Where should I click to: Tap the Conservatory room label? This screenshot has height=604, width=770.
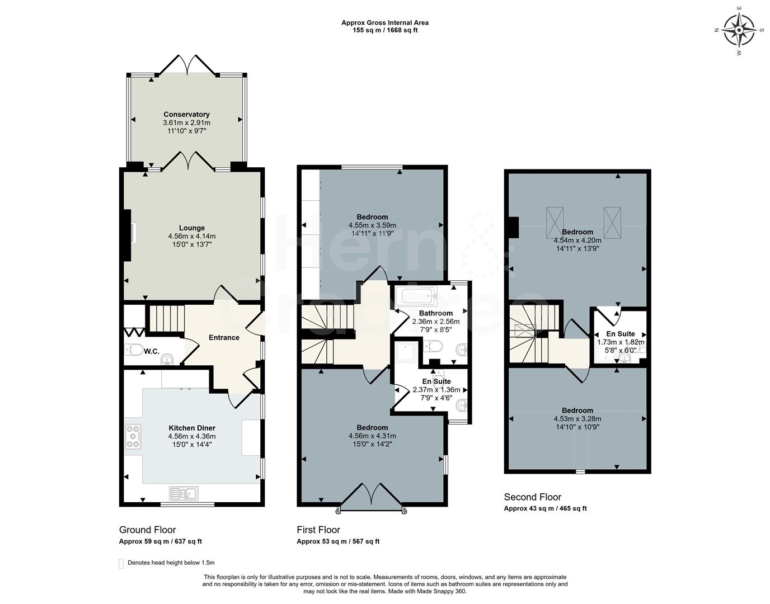click(x=186, y=115)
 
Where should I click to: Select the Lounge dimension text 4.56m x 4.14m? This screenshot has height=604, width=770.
click(x=192, y=236)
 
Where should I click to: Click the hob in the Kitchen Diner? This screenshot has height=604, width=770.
click(x=133, y=436)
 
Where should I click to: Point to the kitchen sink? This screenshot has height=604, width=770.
click(x=183, y=493)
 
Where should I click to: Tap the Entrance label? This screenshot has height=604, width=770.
click(x=224, y=337)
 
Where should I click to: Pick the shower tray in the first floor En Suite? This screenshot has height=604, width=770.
click(x=403, y=353)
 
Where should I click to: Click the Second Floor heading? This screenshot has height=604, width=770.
click(x=532, y=497)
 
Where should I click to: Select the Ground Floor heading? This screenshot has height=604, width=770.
click(x=147, y=530)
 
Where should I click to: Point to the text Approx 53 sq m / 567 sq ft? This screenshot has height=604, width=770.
click(x=337, y=541)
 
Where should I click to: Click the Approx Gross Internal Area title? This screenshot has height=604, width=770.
click(x=385, y=23)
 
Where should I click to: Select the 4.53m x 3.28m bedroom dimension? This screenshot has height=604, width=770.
click(x=577, y=419)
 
